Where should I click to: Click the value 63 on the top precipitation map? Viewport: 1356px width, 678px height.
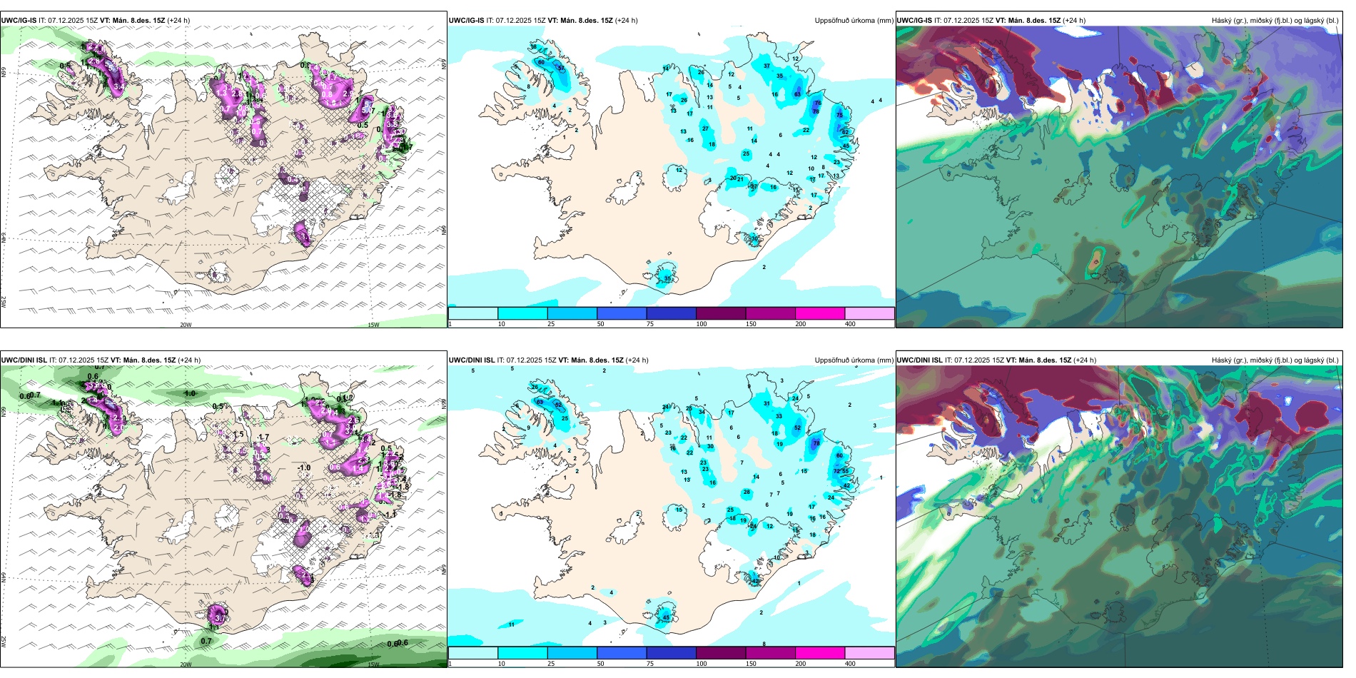[797, 94]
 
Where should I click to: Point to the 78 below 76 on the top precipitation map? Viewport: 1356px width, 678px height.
[815, 111]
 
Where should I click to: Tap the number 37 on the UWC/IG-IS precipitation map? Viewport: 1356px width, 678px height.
[766, 66]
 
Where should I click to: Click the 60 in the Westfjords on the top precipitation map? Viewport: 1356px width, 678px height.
[541, 63]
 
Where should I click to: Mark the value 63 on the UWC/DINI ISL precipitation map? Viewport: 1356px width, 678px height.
[540, 403]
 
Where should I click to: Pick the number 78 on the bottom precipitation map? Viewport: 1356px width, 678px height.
[816, 443]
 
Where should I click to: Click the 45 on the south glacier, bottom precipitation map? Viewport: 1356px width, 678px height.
[666, 617]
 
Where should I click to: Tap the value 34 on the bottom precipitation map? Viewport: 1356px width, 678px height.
[702, 412]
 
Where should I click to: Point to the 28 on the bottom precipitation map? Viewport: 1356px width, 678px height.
[747, 492]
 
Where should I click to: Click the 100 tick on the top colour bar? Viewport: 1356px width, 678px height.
[702, 324]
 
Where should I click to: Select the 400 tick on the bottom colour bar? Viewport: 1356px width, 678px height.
[850, 664]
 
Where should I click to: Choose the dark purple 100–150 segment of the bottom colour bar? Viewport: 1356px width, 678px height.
[720, 653]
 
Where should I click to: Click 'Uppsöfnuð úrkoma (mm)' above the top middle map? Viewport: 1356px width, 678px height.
[854, 21]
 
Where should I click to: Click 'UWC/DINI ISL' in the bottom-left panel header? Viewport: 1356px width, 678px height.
[24, 360]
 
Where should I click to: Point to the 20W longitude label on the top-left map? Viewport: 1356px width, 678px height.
[186, 325]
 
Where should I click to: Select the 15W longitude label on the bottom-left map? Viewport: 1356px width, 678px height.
[373, 664]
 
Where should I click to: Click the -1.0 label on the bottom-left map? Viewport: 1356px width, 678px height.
[304, 468]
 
